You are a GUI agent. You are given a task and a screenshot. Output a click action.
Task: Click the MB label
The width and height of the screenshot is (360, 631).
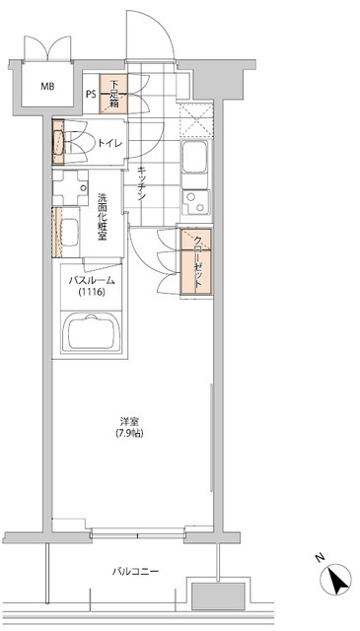tap(47, 87)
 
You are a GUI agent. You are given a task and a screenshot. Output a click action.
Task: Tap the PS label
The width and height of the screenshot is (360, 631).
tap(90, 95)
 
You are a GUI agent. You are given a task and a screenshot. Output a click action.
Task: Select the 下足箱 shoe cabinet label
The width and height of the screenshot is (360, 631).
tap(116, 93)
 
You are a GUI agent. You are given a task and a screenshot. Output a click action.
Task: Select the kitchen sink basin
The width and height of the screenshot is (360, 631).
tap(193, 156)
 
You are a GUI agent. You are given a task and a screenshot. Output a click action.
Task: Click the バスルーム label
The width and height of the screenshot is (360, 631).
tap(91, 281)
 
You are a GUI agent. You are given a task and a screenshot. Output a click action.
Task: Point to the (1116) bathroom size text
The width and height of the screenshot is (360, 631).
tap(91, 293)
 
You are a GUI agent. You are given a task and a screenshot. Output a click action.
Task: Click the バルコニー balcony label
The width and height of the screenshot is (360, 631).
tap(135, 572)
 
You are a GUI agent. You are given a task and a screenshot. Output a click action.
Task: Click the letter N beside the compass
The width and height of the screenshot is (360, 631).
tap(320, 559)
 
